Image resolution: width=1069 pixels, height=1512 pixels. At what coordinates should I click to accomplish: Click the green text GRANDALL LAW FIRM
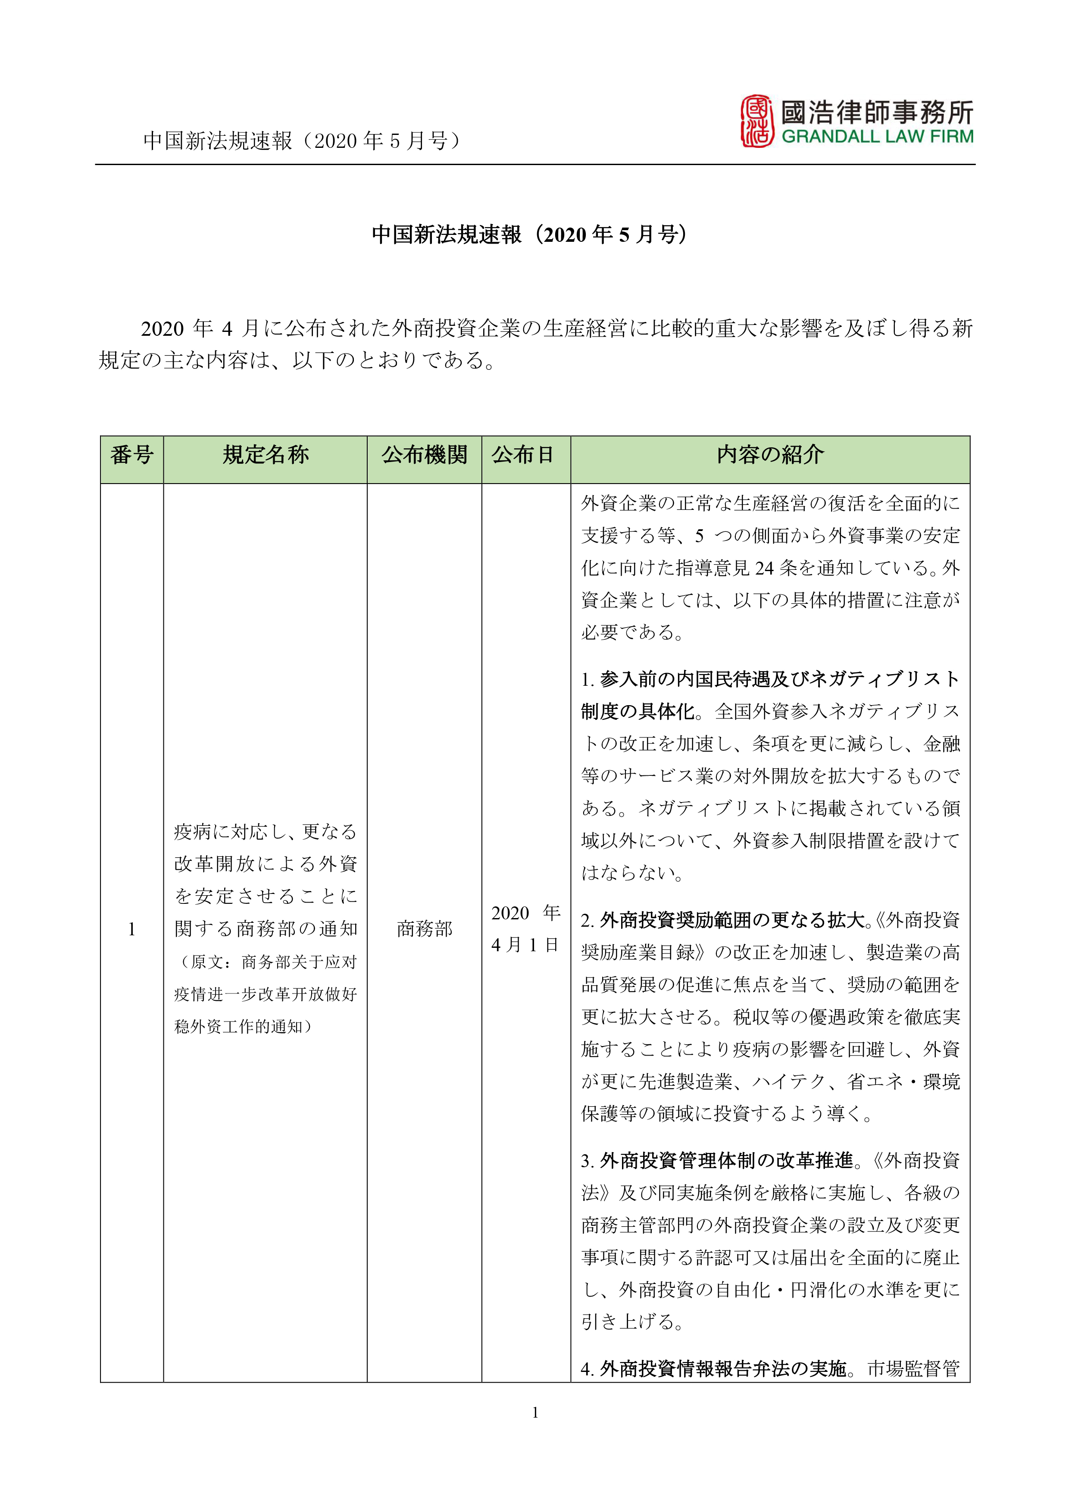click(877, 137)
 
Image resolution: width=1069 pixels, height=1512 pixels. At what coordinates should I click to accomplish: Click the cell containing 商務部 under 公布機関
click(424, 928)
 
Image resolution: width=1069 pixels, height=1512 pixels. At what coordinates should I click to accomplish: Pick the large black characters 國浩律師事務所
click(877, 112)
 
